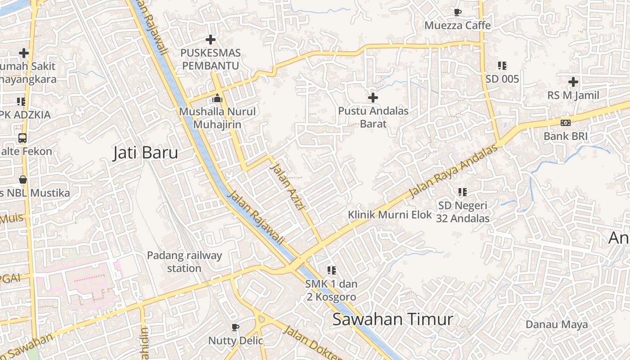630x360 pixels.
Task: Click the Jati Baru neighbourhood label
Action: [x=145, y=153]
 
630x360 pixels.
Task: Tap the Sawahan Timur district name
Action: [x=392, y=319]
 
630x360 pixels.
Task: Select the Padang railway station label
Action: [x=184, y=262]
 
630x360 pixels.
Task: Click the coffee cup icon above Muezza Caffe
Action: [x=458, y=12]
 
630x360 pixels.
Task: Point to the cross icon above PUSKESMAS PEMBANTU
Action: [x=210, y=40]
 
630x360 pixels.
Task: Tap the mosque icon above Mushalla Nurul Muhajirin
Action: [x=217, y=98]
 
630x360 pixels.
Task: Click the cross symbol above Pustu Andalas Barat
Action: [x=373, y=97]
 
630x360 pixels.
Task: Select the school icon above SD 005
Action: [x=502, y=66]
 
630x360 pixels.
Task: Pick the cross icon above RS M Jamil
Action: [x=573, y=82]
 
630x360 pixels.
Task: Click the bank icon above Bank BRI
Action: [x=566, y=122]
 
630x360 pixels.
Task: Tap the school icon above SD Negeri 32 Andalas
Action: [x=463, y=192]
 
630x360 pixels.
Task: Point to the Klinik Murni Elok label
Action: [x=390, y=215]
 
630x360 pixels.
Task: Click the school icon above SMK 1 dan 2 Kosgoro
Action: [x=332, y=270]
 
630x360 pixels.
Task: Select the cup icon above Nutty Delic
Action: [x=235, y=327]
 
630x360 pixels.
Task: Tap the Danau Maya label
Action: [x=557, y=324]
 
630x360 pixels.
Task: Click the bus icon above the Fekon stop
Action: [x=22, y=138]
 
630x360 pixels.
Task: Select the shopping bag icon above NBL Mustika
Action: [x=22, y=180]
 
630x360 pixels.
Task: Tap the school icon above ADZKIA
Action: [x=21, y=102]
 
